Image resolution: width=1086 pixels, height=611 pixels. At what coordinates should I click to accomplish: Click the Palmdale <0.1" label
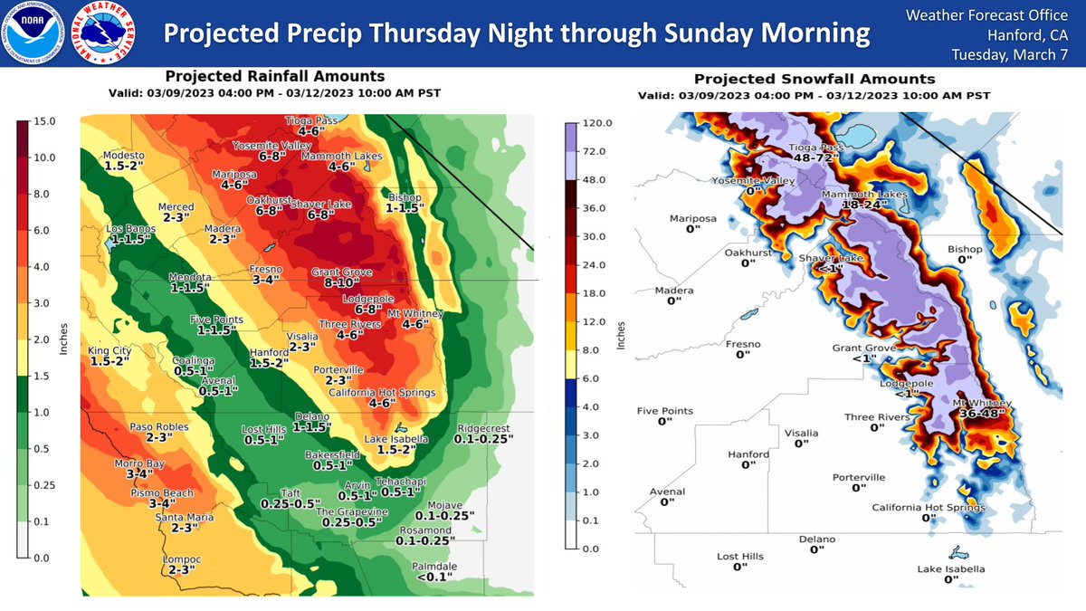pyautogui.click(x=434, y=569)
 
